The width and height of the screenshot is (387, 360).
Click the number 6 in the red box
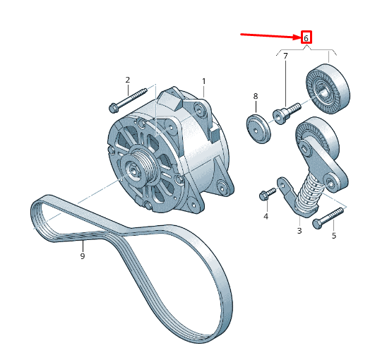click(306, 38)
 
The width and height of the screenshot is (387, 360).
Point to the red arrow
click(270, 36)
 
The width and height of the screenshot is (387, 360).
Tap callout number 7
click(285, 56)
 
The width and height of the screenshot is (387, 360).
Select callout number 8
click(256, 96)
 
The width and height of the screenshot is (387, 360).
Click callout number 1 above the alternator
click(204, 81)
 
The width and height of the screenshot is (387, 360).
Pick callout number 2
click(127, 80)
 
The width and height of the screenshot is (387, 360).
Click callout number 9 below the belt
click(83, 256)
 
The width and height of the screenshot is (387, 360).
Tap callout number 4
click(266, 217)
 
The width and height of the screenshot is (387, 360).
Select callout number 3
click(299, 231)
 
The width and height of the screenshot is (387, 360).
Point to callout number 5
click(334, 236)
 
